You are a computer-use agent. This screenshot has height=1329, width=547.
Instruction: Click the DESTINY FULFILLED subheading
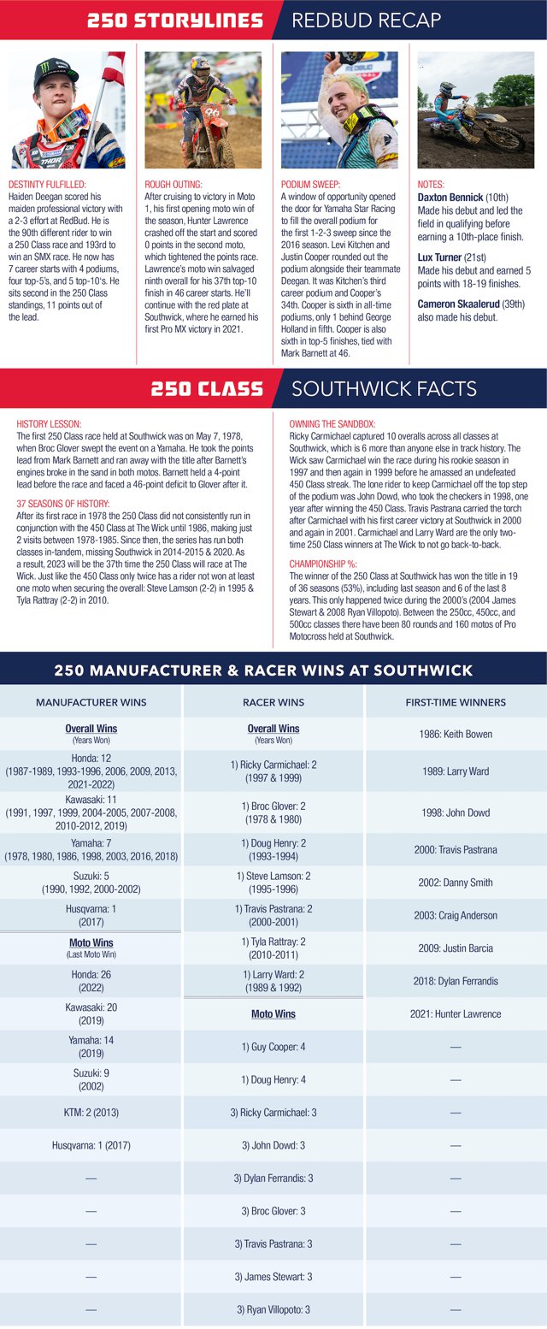48,184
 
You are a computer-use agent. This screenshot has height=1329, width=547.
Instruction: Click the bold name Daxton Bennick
451,198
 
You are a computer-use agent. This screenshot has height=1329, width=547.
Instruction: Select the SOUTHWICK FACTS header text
384,389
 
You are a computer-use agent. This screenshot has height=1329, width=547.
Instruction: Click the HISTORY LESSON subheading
50,423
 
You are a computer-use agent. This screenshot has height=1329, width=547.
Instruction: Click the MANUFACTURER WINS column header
91,702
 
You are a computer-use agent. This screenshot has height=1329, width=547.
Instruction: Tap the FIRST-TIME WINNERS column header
456,702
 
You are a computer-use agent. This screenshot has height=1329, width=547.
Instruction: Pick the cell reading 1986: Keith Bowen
456,734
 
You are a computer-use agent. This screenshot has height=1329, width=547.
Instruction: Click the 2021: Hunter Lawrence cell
456,1014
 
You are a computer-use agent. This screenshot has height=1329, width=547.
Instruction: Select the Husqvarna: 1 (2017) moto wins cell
91,1145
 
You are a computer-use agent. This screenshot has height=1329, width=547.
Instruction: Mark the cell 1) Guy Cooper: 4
273,1047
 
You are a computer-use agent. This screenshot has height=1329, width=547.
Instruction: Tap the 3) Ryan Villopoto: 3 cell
273,1309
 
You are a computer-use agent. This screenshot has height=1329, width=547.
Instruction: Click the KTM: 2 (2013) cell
91,1113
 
